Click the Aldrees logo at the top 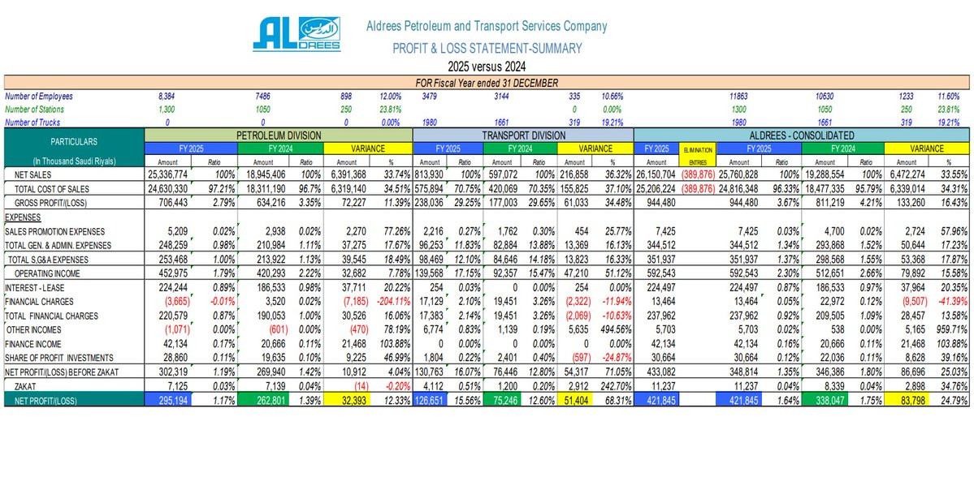(296, 35)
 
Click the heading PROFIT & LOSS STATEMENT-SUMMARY (487, 48)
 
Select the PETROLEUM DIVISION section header (279, 135)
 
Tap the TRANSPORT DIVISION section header (523, 135)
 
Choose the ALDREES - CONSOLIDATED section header (800, 135)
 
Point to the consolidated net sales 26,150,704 (656, 174)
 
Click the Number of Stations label (34, 109)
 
